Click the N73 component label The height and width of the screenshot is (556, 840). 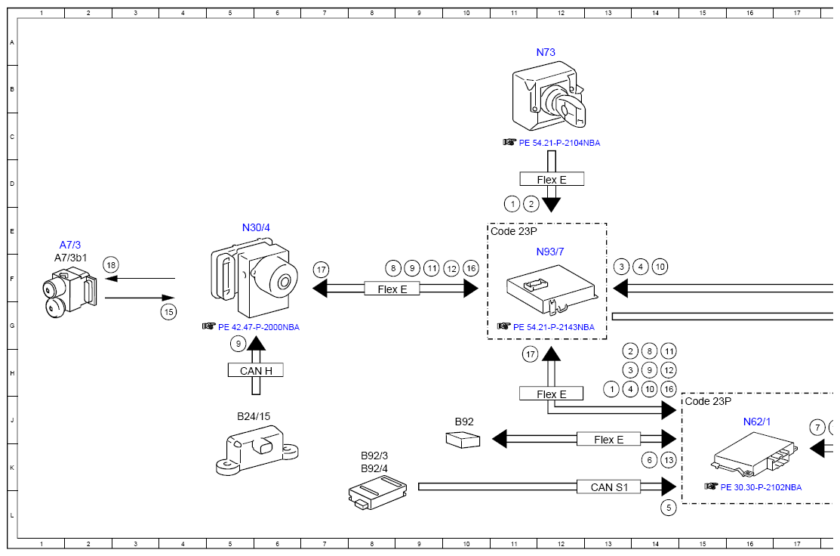coord(546,52)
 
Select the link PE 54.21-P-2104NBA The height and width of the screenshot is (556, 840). coord(559,143)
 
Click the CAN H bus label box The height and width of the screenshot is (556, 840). coord(256,370)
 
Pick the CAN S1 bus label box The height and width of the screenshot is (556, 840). coord(608,486)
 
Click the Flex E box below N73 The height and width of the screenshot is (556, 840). coord(551,179)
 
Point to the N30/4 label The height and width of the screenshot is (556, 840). coord(256,227)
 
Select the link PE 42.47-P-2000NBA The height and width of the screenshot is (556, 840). coord(259,327)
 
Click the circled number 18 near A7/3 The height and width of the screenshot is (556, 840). coord(111,265)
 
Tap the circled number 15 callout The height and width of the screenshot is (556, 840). coord(169,312)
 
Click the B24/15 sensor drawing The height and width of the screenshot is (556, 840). coord(257,449)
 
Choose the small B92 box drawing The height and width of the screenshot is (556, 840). coord(463,440)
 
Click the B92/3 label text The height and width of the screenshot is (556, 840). coord(374,456)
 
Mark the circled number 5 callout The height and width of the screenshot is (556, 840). coord(669,507)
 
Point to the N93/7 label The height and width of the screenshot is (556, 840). coord(549,252)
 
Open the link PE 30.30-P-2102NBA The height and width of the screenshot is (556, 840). coord(761,487)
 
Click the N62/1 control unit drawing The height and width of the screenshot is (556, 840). coord(754,455)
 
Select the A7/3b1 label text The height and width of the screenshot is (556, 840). coord(70,258)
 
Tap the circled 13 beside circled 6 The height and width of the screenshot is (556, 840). coord(669,459)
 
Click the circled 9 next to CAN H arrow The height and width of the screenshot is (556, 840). coord(238,344)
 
